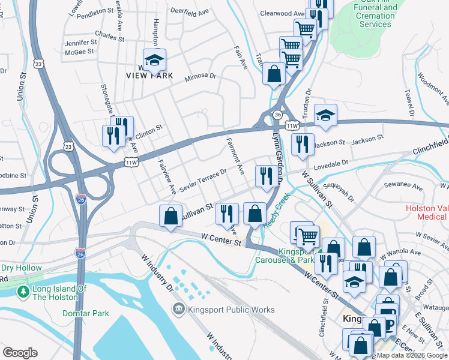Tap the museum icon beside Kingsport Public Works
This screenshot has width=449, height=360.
click(x=179, y=310)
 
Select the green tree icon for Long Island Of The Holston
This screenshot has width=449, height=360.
click(x=23, y=292)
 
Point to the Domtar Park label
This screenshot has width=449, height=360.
click(x=85, y=313)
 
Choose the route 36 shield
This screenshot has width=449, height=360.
click(x=277, y=114)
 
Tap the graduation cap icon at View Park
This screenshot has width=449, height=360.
click(x=155, y=59)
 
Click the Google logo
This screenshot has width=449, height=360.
click(x=19, y=353)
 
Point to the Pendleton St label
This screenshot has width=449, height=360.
click(x=95, y=11)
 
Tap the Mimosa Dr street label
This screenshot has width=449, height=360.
click(x=200, y=76)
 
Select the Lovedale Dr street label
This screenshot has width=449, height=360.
click(x=329, y=163)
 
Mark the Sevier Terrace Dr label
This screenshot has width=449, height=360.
click(x=202, y=180)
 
